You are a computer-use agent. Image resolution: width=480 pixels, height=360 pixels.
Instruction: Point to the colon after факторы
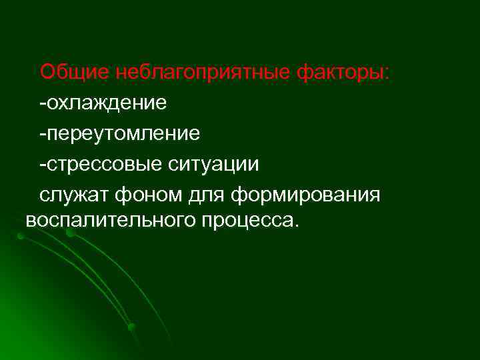coord(390,73)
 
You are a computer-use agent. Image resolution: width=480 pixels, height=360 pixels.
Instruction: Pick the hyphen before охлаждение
coord(42,103)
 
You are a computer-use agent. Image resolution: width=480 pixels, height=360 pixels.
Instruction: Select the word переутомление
coord(123,133)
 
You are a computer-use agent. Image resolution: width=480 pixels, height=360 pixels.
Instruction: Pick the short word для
coord(206,195)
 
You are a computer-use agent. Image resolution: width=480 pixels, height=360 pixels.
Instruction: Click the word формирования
coord(307,195)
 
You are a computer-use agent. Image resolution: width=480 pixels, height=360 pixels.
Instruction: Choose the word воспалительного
coord(107,221)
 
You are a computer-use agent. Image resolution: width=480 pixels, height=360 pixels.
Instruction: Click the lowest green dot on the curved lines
coord(131,327)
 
